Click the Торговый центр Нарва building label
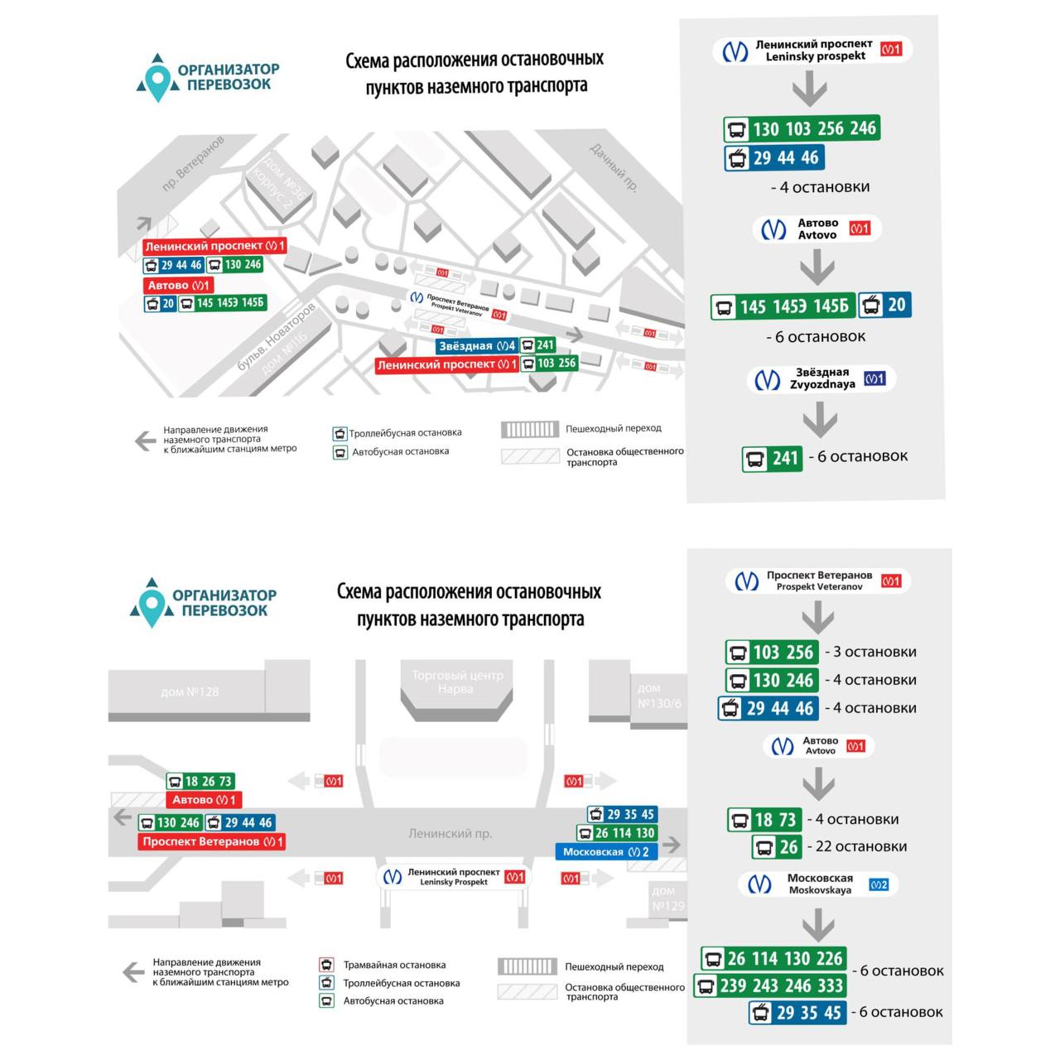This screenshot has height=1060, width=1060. (457, 682)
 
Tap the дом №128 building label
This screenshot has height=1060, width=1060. (190, 691)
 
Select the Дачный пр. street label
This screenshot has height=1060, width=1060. (614, 166)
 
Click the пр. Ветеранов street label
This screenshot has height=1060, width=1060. (192, 164)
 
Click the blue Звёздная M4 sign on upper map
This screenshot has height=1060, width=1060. (476, 346)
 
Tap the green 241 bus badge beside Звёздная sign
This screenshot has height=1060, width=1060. (538, 345)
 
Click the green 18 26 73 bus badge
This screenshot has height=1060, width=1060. (200, 781)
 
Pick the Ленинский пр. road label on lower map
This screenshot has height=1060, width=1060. (450, 834)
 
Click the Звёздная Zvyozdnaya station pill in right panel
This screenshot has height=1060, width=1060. (821, 379)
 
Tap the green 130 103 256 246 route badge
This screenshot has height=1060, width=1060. (802, 128)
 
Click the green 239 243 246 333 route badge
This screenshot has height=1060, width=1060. (771, 985)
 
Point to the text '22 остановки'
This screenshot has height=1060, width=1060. (860, 846)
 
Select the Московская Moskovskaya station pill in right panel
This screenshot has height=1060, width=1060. (817, 884)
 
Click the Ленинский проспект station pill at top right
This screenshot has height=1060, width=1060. (812, 51)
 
